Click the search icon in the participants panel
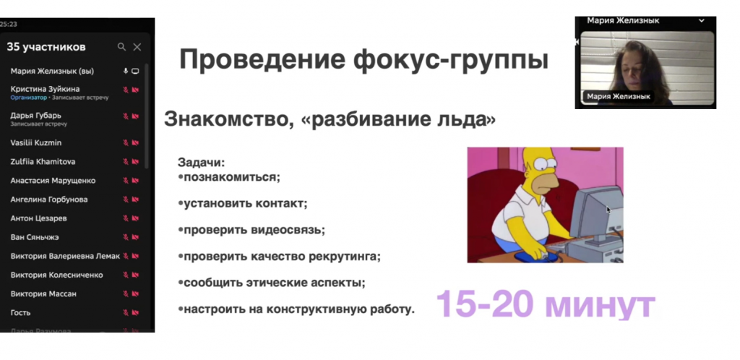pyautogui.click(x=121, y=47)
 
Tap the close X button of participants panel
pyautogui.click(x=137, y=47)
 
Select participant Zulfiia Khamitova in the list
pyautogui.click(x=43, y=161)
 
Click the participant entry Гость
pyautogui.click(x=21, y=312)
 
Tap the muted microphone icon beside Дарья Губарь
pyautogui.click(x=125, y=116)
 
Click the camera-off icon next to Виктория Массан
pyautogui.click(x=134, y=294)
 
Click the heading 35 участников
pyautogui.click(x=46, y=47)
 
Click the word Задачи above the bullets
pyautogui.click(x=202, y=163)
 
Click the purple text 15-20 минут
pyautogui.click(x=545, y=304)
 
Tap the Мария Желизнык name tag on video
pyautogui.click(x=618, y=96)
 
